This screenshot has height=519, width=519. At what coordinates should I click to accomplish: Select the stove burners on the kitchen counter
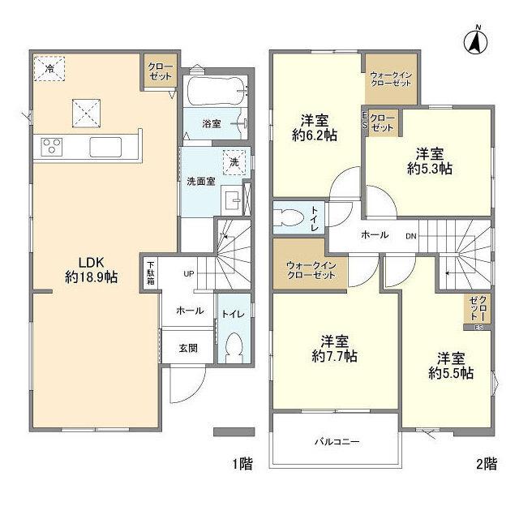[x=53, y=147]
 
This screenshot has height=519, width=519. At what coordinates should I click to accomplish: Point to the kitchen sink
[x=106, y=148]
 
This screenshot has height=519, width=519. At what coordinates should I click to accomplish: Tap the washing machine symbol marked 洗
[x=234, y=161]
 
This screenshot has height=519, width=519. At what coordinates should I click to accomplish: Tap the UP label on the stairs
[x=188, y=273]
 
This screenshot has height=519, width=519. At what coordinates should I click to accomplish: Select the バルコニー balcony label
[x=336, y=442]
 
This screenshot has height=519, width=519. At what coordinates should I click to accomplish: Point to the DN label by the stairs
[x=412, y=235]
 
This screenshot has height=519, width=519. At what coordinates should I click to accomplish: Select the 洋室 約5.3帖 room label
[x=430, y=161]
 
